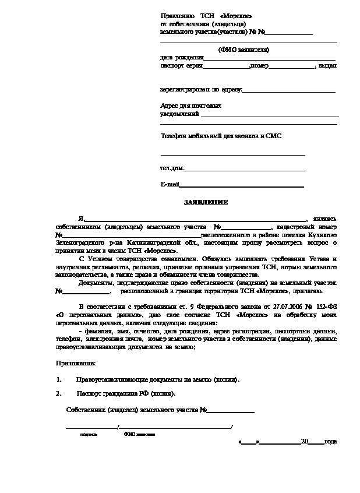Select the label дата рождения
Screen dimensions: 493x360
tap(182, 58)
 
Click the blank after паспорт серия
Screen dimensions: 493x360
tap(226, 66)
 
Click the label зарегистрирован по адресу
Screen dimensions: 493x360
tap(201, 90)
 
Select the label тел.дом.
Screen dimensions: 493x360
tap(172, 168)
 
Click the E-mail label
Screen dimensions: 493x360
tap(169, 185)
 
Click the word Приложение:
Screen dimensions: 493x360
tap(76, 364)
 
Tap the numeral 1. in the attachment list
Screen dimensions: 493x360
tap(59, 379)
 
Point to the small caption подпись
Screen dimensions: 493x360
tap(89, 435)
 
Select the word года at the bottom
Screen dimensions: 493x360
tap(330, 441)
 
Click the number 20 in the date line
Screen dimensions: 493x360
tap(303, 441)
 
